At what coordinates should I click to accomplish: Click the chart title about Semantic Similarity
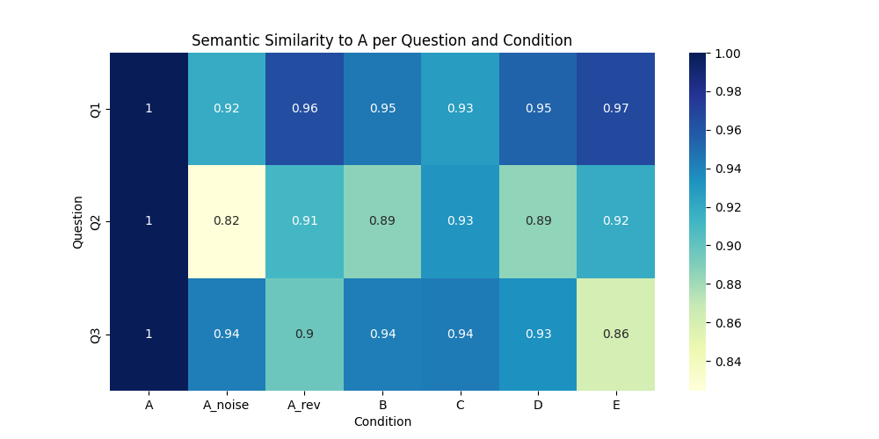[381, 40]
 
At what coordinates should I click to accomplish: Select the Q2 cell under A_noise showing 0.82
[226, 221]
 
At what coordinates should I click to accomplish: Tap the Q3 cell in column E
[615, 334]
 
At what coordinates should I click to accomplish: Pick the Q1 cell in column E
[615, 109]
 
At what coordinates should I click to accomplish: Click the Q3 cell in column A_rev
[304, 334]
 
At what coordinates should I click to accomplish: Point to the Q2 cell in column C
[460, 221]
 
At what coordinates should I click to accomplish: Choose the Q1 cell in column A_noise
[226, 109]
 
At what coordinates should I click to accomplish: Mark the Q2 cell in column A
[149, 221]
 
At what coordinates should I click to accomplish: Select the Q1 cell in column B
[382, 109]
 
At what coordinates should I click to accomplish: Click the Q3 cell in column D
[538, 334]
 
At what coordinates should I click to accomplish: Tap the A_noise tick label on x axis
[226, 404]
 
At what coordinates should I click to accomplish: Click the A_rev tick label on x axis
[304, 404]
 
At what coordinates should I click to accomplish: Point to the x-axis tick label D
[538, 404]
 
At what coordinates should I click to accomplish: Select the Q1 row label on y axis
[96, 109]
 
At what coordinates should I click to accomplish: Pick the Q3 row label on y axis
[96, 334]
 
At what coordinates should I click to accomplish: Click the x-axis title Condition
[382, 421]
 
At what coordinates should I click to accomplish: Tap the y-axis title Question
[77, 221]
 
